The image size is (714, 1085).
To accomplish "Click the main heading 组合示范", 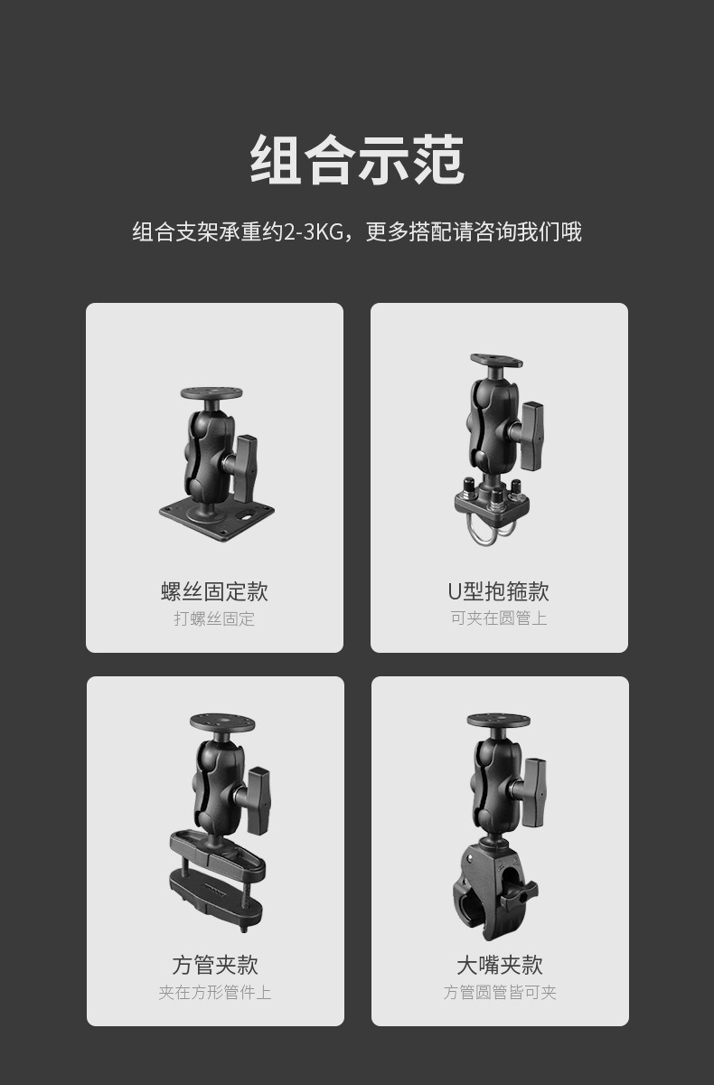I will pos(357,160).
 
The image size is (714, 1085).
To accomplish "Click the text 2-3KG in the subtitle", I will pos(314,232).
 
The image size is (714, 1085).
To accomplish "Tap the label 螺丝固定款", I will pos(214,591).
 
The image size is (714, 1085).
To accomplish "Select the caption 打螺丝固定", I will pos(214,618).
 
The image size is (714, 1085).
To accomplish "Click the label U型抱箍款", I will pos(498,591).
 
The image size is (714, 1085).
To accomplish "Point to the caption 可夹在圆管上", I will pos(499,618).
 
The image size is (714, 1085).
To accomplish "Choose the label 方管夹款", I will pos(215,965).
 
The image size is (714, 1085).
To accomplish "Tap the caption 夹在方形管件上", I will pos(215,993).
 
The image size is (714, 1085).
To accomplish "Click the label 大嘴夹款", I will pos(499,965).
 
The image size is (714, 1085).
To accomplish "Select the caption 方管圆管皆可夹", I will pos(500,993).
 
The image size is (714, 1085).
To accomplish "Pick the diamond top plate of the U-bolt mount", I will pos(495,360).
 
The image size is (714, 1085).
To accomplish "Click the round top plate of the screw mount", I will pos(211,394).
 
